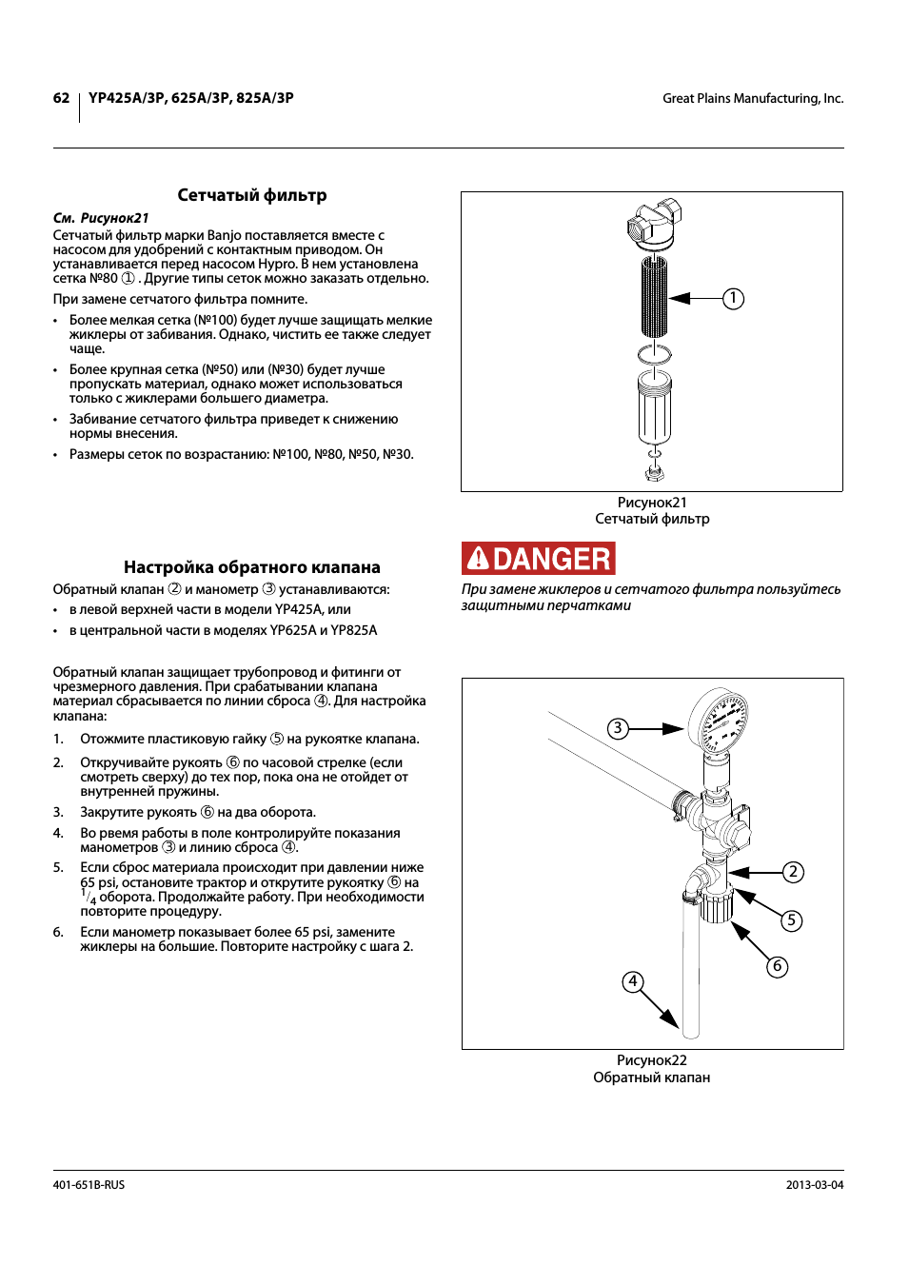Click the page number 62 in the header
coord(61,98)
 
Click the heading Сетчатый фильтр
coord(252,195)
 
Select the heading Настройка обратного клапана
coord(252,567)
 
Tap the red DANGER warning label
coord(539,559)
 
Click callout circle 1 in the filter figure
coord(733,299)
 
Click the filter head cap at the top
coord(655,223)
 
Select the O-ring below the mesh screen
coord(655,354)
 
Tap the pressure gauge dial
coord(719,720)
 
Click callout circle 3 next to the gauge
coord(618,729)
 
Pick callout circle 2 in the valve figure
coord(793,872)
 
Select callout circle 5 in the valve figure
coord(791,920)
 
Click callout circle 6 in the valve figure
coord(778,967)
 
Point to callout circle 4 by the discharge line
coord(633,981)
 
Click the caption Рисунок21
coord(652,503)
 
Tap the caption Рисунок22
coord(652,1060)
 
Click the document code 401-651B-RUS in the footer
coord(89,1185)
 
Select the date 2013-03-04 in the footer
coord(815,1185)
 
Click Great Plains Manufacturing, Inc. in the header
coord(753,98)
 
